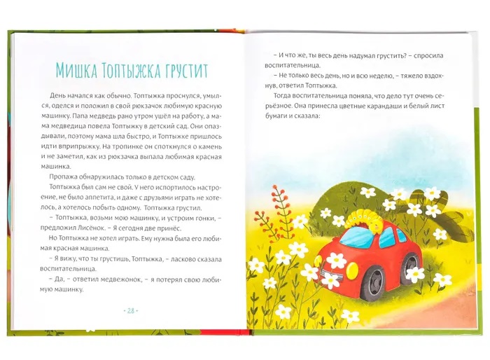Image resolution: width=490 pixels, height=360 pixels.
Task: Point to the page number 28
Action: point(130,310)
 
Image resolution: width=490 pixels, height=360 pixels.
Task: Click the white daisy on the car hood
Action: point(337,260)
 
